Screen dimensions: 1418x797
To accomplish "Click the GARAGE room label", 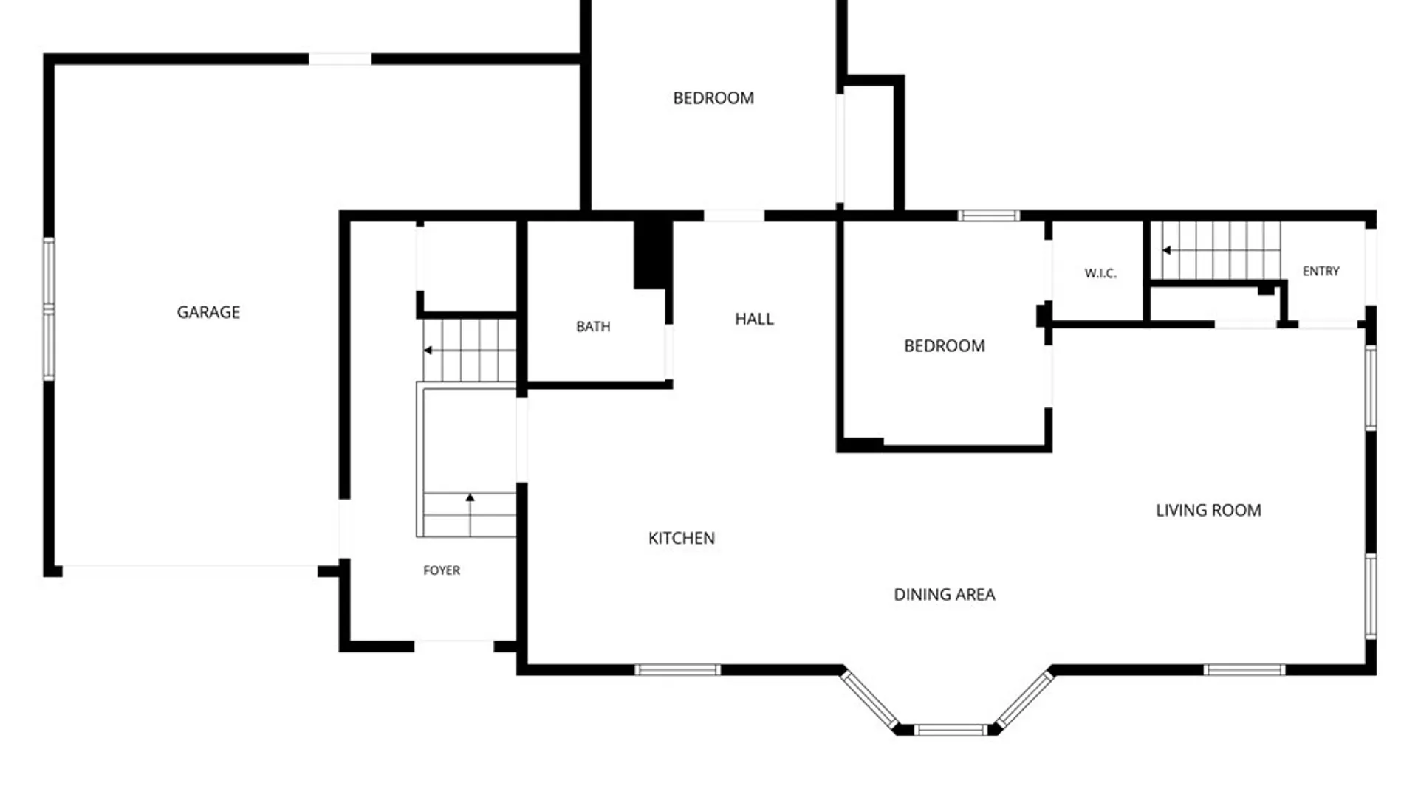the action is pyautogui.click(x=208, y=312).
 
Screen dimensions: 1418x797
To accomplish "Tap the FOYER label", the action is pyautogui.click(x=442, y=570).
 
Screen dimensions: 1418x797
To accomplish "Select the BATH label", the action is pyautogui.click(x=593, y=326).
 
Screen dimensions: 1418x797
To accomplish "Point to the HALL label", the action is pyautogui.click(x=754, y=319).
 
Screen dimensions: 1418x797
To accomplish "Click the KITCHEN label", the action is pyautogui.click(x=682, y=538).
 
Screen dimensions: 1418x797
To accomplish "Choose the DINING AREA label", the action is pyautogui.click(x=945, y=594).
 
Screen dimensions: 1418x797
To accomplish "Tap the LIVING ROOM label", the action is pyautogui.click(x=1208, y=510).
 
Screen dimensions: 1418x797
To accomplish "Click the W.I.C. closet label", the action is pyautogui.click(x=1100, y=273).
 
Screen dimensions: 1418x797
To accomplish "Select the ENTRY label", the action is pyautogui.click(x=1321, y=271).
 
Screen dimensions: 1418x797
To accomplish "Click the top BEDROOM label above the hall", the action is pyautogui.click(x=713, y=98).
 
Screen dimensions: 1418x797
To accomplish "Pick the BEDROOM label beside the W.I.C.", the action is pyautogui.click(x=945, y=345).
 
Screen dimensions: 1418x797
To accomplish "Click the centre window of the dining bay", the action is pyautogui.click(x=951, y=731).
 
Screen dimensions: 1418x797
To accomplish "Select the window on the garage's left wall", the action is pyautogui.click(x=49, y=308).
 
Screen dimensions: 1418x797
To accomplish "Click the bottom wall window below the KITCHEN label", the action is pyautogui.click(x=678, y=670).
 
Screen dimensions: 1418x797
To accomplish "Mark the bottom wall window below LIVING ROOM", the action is pyautogui.click(x=1244, y=670).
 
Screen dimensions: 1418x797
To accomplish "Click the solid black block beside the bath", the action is pyautogui.click(x=652, y=255).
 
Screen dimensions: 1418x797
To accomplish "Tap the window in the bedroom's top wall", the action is pyautogui.click(x=989, y=215).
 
